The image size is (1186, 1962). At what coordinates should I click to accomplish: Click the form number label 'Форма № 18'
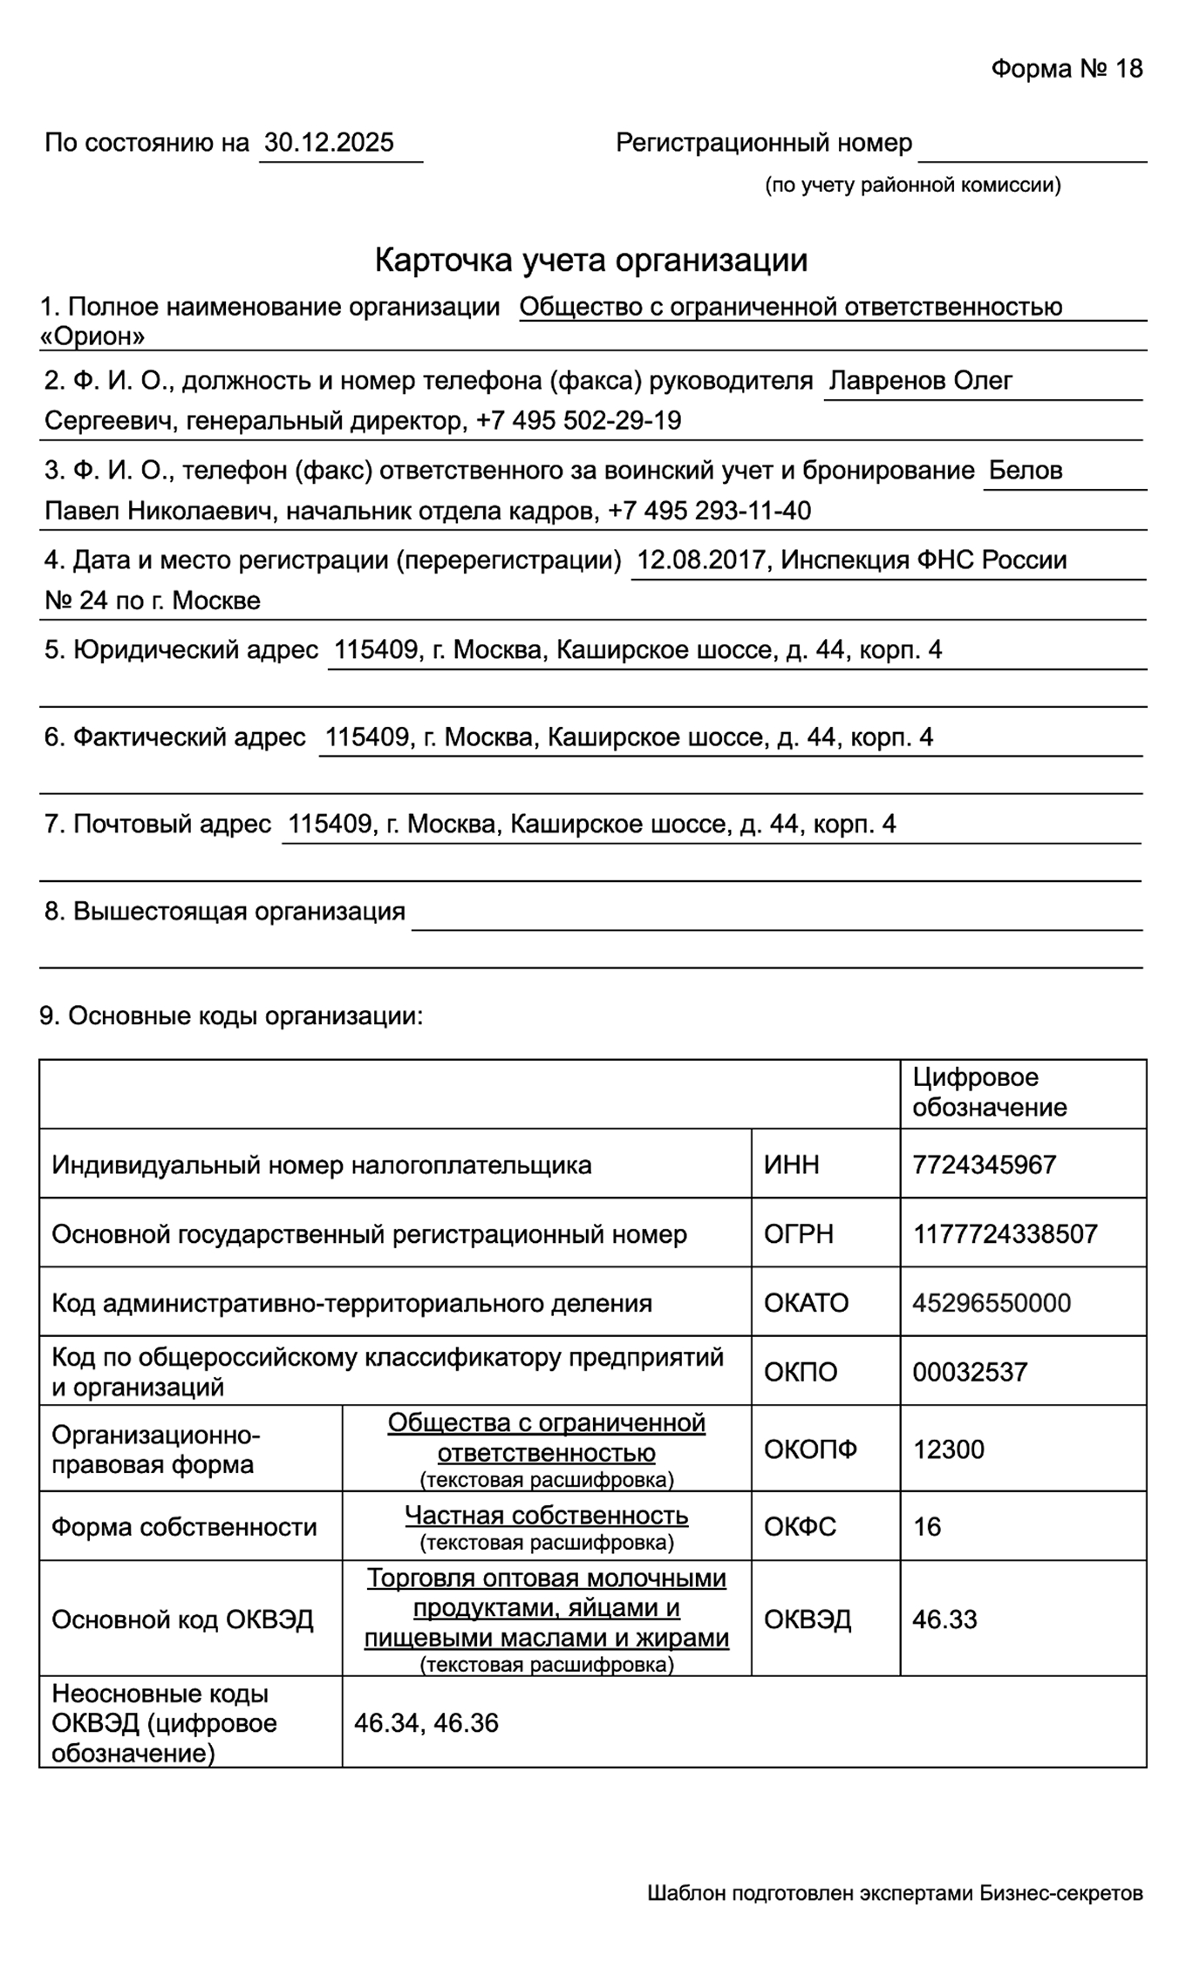(1066, 69)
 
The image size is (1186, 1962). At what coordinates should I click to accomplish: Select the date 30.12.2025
(329, 143)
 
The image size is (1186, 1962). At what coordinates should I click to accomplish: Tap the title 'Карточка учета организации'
(591, 260)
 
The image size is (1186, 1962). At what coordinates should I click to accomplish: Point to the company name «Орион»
(92, 336)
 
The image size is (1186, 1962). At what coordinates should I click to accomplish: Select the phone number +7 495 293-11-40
(709, 511)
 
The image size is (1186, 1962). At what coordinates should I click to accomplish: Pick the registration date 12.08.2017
(701, 560)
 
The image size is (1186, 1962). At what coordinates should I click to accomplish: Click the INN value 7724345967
(985, 1164)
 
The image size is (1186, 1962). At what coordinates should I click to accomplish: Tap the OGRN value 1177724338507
(1005, 1233)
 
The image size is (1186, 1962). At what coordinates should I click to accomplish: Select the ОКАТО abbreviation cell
(806, 1303)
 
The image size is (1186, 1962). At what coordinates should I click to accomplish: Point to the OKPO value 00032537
(970, 1372)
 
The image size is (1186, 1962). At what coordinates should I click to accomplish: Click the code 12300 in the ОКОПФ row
(948, 1449)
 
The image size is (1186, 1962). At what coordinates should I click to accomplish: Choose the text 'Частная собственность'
(546, 1516)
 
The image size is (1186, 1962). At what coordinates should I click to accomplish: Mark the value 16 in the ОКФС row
(927, 1526)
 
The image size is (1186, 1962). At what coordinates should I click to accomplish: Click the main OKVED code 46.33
(944, 1619)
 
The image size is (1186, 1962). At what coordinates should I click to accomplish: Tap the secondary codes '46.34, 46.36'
(426, 1723)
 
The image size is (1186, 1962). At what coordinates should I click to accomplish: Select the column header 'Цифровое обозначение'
(989, 1092)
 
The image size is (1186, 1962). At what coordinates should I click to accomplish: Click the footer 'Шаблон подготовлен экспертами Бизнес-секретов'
(895, 1893)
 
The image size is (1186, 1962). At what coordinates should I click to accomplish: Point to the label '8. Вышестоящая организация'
(225, 912)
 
